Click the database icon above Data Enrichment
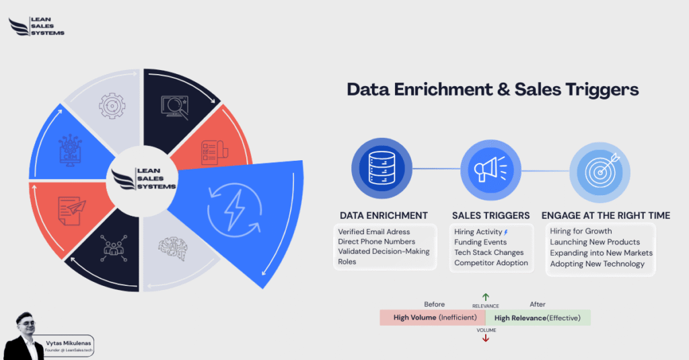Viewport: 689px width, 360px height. pos(382,169)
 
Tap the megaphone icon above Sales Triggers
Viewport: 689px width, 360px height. pos(491,170)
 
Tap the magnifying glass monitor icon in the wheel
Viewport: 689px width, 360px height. pos(173,106)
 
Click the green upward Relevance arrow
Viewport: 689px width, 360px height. pos(485,297)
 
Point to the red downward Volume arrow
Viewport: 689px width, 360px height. pos(485,338)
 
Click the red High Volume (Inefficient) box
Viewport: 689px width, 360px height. pos(432,318)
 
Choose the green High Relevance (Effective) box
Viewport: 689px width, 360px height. pos(538,318)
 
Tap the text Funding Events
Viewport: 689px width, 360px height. pos(480,242)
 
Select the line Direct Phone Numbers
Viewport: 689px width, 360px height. pos(376,242)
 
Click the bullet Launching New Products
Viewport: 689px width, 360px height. pos(595,242)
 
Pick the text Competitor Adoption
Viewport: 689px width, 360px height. pos(491,263)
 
